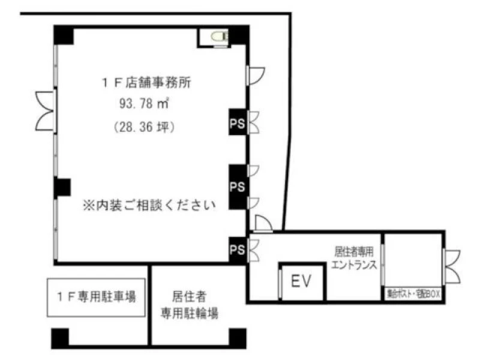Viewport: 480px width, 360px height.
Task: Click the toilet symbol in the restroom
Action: (x=220, y=37)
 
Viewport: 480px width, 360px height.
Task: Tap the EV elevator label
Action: (x=301, y=281)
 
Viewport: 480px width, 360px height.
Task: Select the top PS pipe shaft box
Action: (x=238, y=122)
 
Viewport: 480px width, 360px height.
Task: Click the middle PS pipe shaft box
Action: (x=238, y=187)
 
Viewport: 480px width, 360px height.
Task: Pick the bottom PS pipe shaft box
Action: (x=238, y=250)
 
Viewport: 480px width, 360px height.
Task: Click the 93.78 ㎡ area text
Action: (x=144, y=104)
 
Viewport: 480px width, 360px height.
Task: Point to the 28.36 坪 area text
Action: (x=144, y=126)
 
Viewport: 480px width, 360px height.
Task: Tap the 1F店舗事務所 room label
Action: (x=146, y=83)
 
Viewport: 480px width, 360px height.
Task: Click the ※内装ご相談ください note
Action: (x=149, y=205)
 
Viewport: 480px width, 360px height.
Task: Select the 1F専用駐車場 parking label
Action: (x=96, y=297)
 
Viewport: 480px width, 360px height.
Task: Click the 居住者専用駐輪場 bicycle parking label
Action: (x=190, y=305)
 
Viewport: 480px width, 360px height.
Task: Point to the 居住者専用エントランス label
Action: (x=354, y=258)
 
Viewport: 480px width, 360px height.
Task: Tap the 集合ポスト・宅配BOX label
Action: (x=413, y=294)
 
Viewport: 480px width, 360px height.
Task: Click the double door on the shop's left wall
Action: (x=46, y=111)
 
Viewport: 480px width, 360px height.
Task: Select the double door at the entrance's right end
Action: (x=452, y=266)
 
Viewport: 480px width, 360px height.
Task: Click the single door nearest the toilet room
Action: (x=256, y=76)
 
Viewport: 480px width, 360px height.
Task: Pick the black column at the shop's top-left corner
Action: (x=64, y=35)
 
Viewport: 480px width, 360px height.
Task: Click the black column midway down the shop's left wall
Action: (x=62, y=187)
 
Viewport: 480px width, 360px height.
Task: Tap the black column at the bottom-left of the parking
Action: (x=60, y=338)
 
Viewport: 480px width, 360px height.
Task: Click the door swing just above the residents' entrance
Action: (x=263, y=223)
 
